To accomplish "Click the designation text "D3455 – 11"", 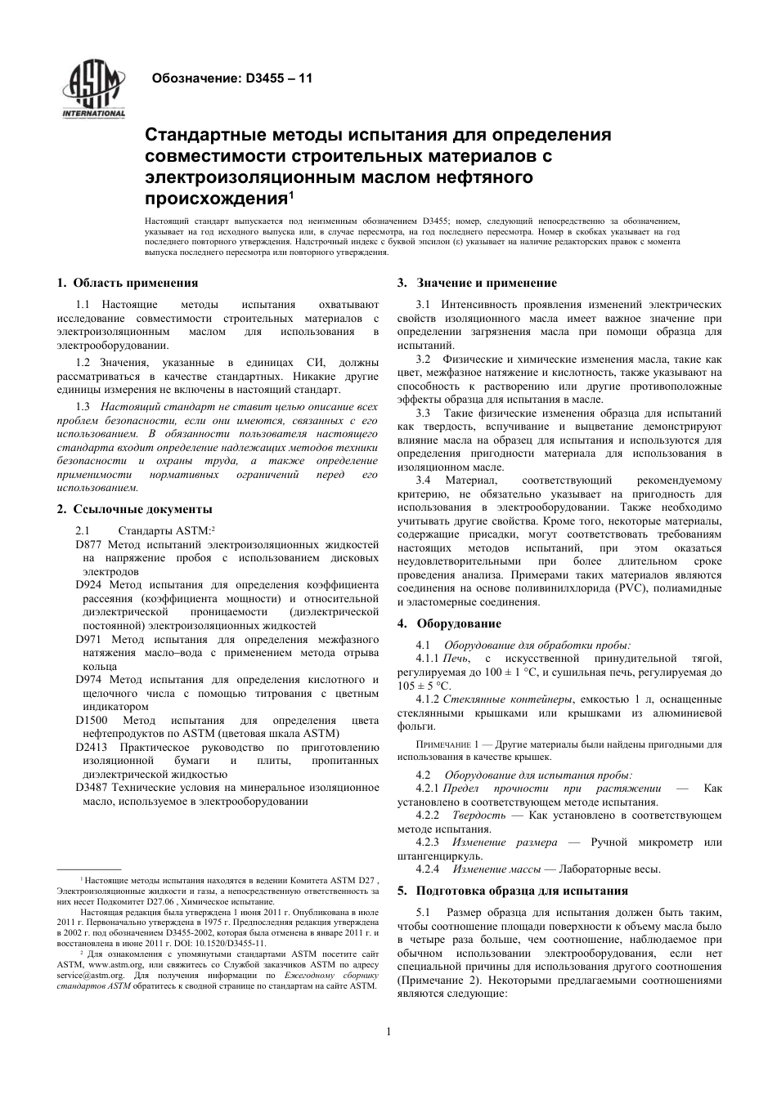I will point(279,79).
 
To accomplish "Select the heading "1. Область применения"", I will point(128,283).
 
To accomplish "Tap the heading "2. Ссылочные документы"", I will point(135,509).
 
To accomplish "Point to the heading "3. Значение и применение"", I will point(477,283).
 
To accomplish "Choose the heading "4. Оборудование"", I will point(449,623).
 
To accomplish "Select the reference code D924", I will point(88,584).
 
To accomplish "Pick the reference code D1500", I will point(92,720).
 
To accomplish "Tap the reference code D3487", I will point(92,788).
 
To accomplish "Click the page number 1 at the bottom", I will point(388,1031).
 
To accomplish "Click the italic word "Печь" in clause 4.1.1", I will point(456,659).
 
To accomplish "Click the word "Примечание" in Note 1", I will point(442,745).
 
